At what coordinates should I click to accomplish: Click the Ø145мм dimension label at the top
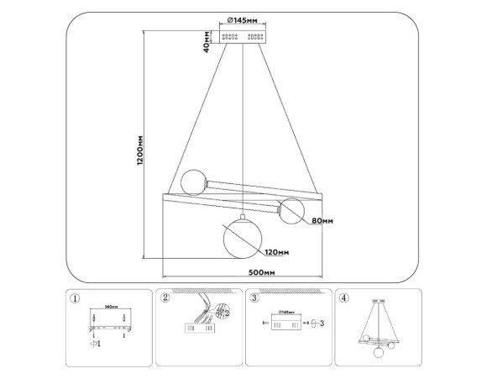(x=243, y=20)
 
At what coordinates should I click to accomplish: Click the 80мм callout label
(x=322, y=221)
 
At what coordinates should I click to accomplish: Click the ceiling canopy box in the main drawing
(x=243, y=36)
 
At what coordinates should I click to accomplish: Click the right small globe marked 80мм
(x=292, y=211)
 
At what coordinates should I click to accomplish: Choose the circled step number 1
(x=76, y=297)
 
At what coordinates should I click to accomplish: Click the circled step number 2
(x=165, y=297)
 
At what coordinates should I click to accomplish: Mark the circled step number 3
(x=254, y=297)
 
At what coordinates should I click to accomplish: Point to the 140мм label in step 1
(x=108, y=308)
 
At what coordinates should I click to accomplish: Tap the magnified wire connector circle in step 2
(x=223, y=312)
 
